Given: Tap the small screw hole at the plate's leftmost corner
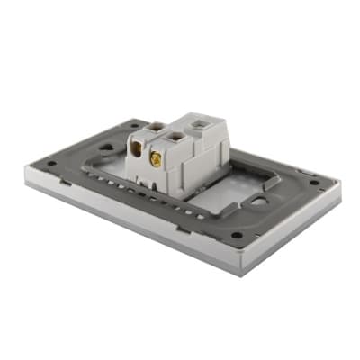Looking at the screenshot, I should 51,163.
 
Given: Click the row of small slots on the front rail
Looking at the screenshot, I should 135,186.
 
